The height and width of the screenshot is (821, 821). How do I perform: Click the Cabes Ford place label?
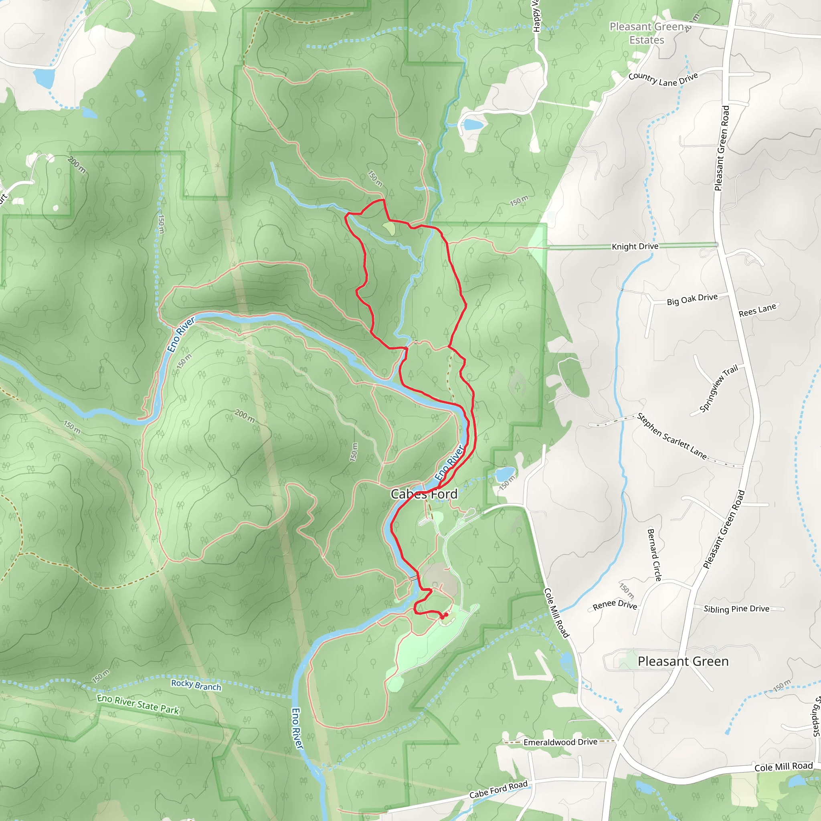click(424, 494)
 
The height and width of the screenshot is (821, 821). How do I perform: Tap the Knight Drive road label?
click(635, 247)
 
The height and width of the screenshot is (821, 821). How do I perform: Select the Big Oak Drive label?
click(692, 299)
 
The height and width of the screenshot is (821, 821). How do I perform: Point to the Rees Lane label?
click(757, 310)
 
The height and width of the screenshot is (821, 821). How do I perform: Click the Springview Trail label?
click(719, 388)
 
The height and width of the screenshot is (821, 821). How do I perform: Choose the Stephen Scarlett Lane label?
click(672, 437)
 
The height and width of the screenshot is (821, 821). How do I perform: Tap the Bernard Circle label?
click(654, 554)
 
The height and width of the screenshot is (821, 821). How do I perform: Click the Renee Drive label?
click(615, 605)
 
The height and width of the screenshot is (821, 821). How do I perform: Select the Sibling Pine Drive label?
click(736, 609)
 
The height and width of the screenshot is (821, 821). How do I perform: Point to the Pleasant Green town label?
click(683, 661)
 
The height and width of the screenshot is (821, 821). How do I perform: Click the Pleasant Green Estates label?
click(647, 33)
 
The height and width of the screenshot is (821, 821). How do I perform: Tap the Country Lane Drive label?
click(663, 79)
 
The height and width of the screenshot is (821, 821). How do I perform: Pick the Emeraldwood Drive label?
click(560, 742)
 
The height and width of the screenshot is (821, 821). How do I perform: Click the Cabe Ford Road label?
click(498, 789)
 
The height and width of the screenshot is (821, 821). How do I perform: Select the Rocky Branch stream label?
click(196, 685)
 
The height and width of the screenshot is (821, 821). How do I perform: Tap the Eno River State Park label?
click(138, 704)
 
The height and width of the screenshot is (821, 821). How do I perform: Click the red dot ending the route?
click(445, 615)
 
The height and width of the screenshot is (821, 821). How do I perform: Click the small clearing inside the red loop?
click(389, 229)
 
